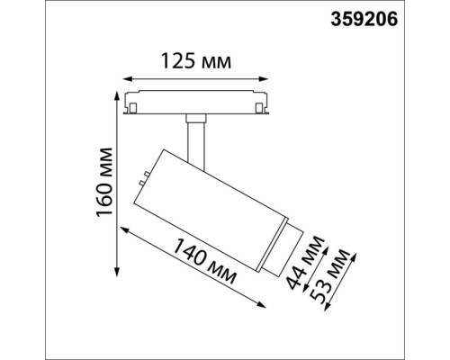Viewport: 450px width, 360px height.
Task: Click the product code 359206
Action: [402, 16]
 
